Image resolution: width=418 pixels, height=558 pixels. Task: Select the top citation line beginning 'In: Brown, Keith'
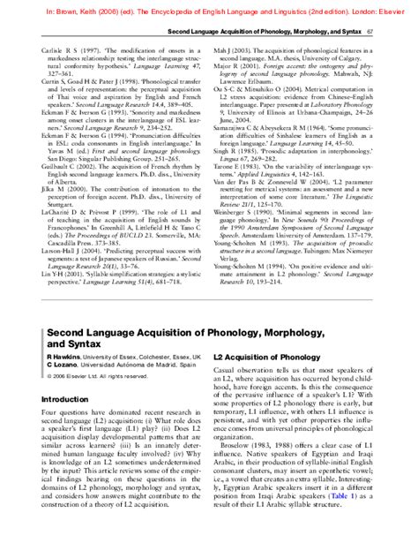[x=208, y=6]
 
